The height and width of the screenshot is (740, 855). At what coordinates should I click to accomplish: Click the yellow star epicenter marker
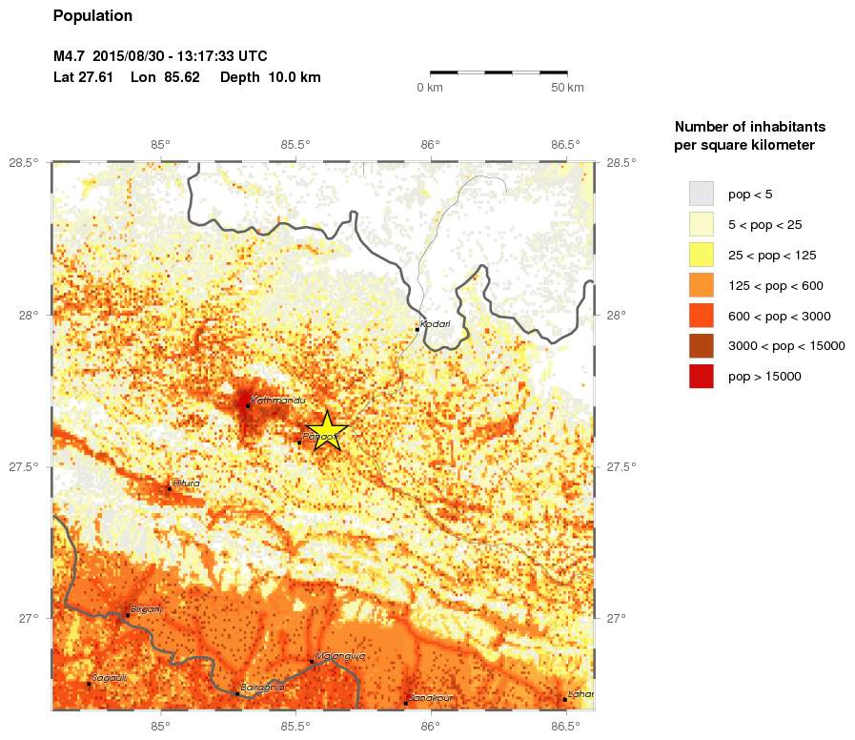326,430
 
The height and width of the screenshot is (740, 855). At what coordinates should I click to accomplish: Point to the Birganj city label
146,609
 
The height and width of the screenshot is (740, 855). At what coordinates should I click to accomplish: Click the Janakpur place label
431,698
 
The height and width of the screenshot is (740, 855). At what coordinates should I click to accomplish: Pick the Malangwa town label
339,656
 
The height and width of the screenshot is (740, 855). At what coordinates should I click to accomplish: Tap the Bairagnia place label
263,687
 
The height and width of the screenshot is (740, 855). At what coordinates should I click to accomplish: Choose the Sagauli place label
109,678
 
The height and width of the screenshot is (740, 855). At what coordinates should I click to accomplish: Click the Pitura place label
187,483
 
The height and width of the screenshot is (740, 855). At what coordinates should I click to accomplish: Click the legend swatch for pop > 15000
701,377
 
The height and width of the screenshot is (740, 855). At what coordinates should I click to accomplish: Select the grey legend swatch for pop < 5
701,194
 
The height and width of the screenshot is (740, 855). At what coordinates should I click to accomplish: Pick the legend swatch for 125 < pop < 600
701,285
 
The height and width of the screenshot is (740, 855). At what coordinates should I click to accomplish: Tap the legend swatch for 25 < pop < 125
701,255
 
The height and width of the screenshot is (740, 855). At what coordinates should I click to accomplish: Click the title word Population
92,16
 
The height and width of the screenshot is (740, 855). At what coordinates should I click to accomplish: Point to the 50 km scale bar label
568,88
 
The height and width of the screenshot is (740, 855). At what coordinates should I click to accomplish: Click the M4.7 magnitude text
71,56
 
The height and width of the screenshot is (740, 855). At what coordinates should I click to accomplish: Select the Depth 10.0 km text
270,77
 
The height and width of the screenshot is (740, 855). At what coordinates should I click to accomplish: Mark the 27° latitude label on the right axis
617,618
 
